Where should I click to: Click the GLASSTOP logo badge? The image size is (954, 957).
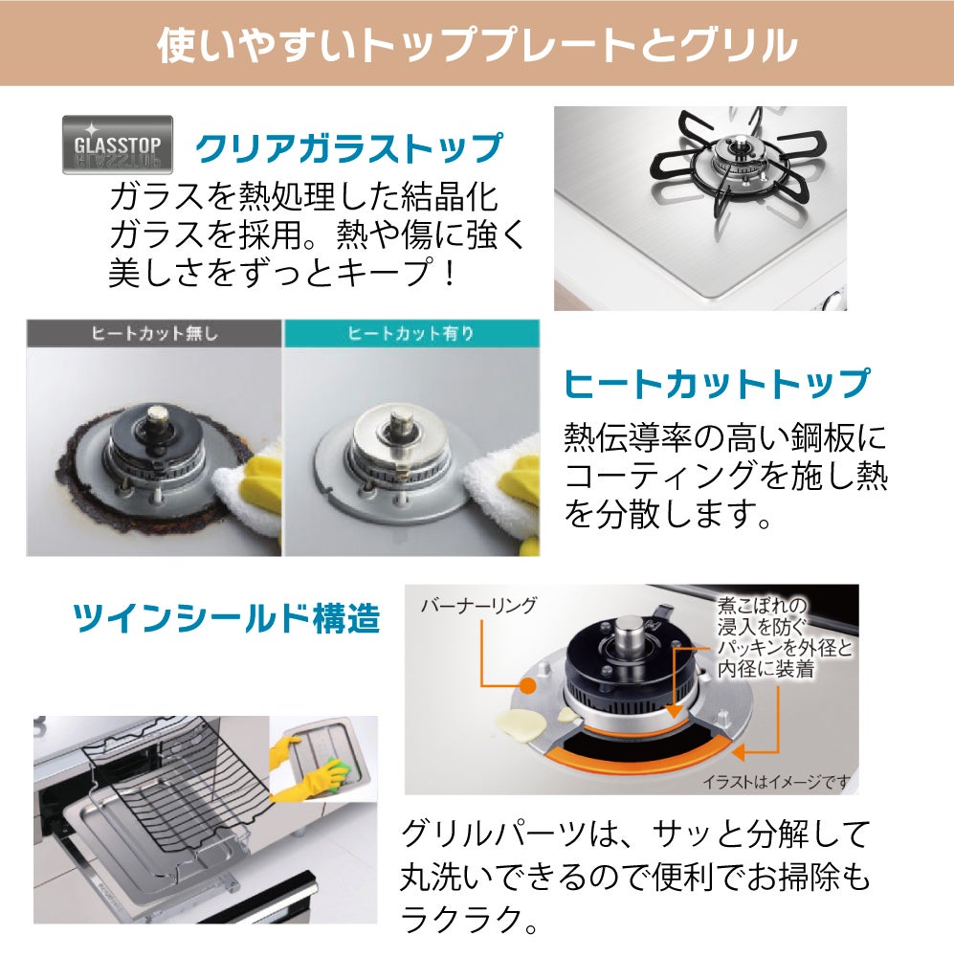tap(118, 145)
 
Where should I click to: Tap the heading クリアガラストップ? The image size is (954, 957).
tap(348, 148)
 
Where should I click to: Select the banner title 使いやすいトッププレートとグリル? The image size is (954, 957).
tap(477, 45)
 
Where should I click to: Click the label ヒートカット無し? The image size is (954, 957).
tap(154, 333)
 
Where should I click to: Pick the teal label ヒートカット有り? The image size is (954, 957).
tap(411, 333)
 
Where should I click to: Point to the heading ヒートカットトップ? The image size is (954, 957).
tap(716, 384)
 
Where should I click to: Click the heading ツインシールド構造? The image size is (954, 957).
tap(227, 617)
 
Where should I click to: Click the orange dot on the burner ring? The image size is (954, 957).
tap(528, 686)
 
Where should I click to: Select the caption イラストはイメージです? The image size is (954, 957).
tap(776, 781)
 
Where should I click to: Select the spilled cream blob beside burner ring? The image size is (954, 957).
tap(521, 725)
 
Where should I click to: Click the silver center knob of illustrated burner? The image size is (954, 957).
tap(629, 636)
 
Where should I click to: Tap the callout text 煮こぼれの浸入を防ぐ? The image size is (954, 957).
tap(762, 615)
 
